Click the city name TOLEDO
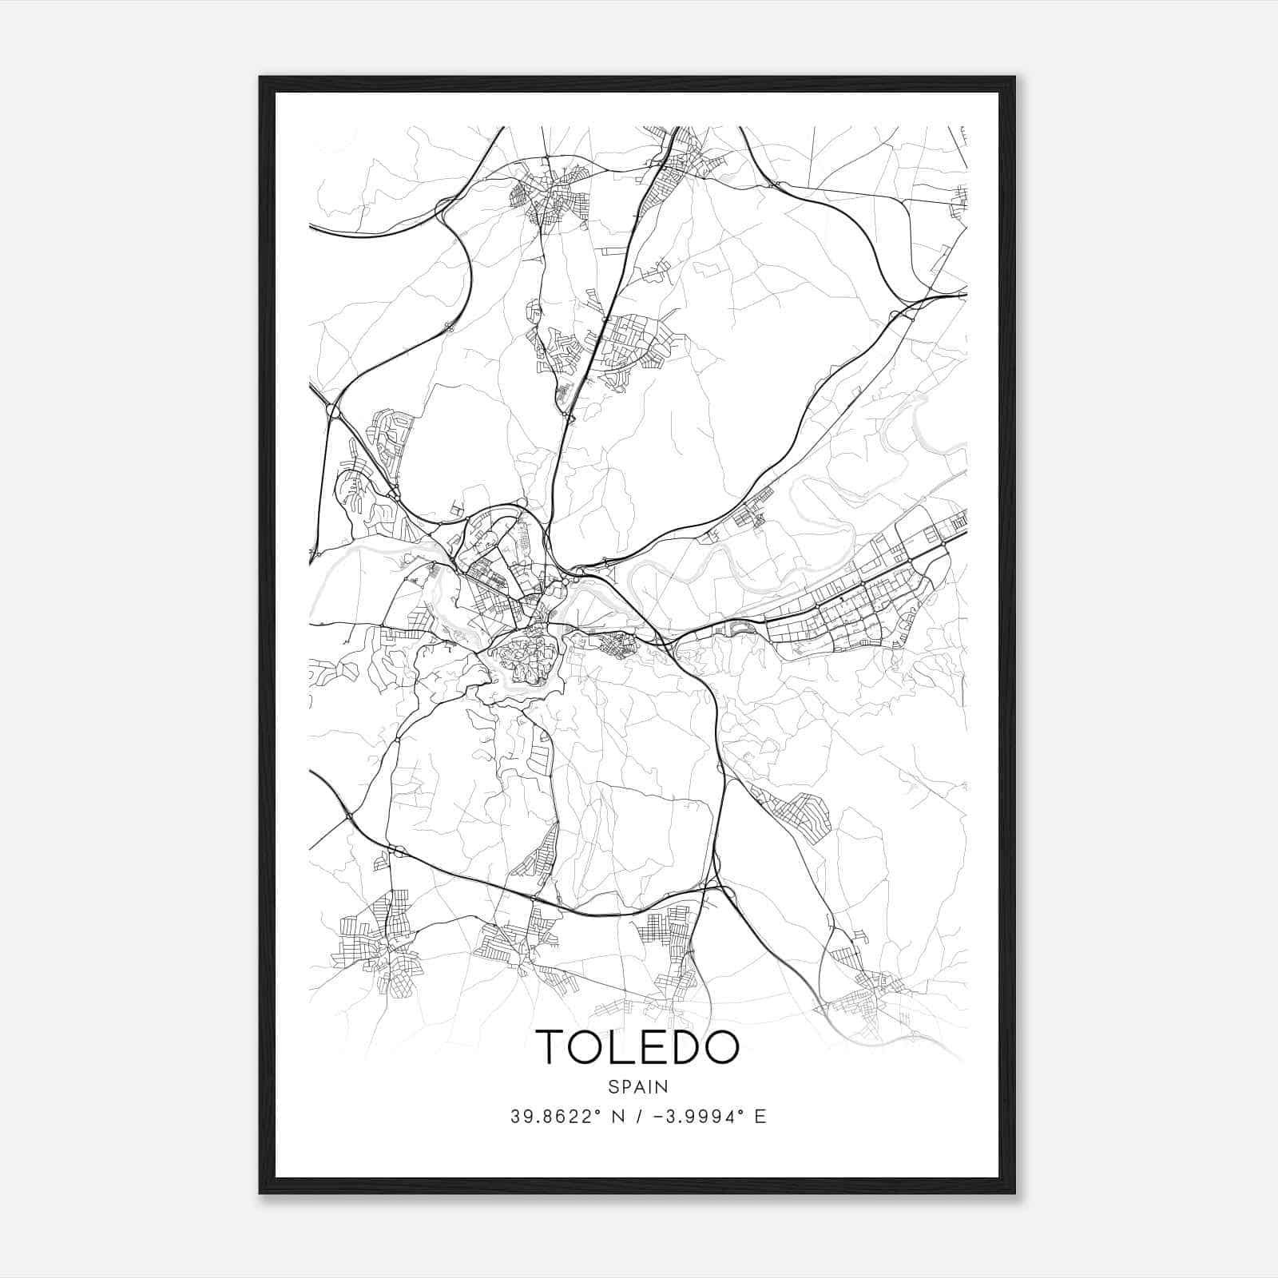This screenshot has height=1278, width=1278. [637, 1047]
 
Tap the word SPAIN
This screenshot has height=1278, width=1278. [637, 1086]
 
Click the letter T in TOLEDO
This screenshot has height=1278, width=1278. [552, 1047]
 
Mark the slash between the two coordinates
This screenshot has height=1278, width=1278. [636, 1117]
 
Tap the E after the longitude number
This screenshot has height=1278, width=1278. [760, 1117]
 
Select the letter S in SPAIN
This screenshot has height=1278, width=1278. [613, 1086]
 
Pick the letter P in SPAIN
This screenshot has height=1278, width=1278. [625, 1086]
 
